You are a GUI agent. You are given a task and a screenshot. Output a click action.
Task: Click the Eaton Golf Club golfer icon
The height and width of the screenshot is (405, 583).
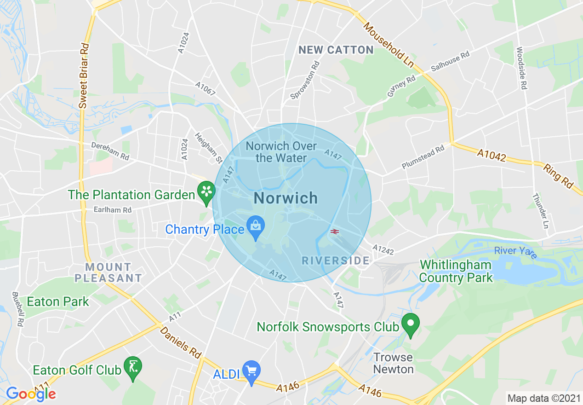click(133, 366)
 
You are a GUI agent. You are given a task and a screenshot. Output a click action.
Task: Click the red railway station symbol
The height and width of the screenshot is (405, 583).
click(334, 231)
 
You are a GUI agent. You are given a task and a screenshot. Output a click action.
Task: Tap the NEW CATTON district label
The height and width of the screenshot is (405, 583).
click(336, 50)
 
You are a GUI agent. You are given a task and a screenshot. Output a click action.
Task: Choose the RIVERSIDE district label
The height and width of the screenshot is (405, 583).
click(336, 261)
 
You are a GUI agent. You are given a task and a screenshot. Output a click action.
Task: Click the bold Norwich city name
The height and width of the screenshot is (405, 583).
click(286, 198)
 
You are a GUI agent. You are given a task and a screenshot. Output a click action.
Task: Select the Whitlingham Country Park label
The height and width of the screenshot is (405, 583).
click(456, 272)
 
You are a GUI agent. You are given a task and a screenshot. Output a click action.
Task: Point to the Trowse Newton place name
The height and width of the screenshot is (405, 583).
click(393, 363)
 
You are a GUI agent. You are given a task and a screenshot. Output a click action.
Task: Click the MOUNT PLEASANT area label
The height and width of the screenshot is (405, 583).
click(109, 272)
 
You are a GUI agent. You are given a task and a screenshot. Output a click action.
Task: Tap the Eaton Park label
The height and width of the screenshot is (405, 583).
click(58, 302)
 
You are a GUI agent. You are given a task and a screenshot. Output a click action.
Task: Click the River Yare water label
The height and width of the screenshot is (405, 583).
click(515, 253)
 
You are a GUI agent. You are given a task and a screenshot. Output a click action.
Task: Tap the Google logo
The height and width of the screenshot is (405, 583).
click(31, 394)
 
